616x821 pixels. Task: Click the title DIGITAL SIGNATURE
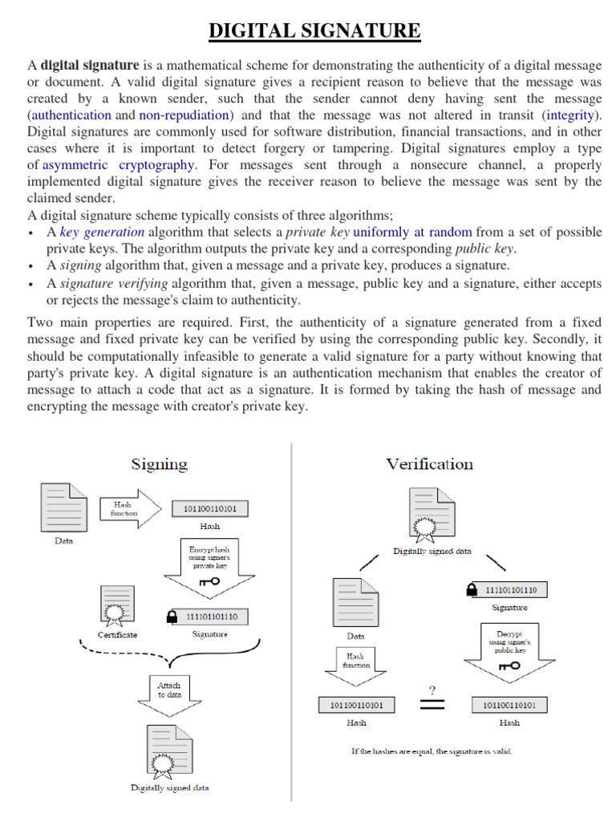point(314,31)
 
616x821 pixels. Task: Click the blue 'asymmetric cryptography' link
point(118,164)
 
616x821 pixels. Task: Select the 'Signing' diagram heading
point(160,464)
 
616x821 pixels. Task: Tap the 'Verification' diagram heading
point(429,464)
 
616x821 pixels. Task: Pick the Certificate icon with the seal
point(117,606)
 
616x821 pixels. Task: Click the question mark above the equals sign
point(432,690)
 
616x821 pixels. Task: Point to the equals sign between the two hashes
point(432,705)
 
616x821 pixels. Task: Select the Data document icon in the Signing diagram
point(64,508)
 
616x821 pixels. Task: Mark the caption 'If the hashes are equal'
point(432,751)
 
